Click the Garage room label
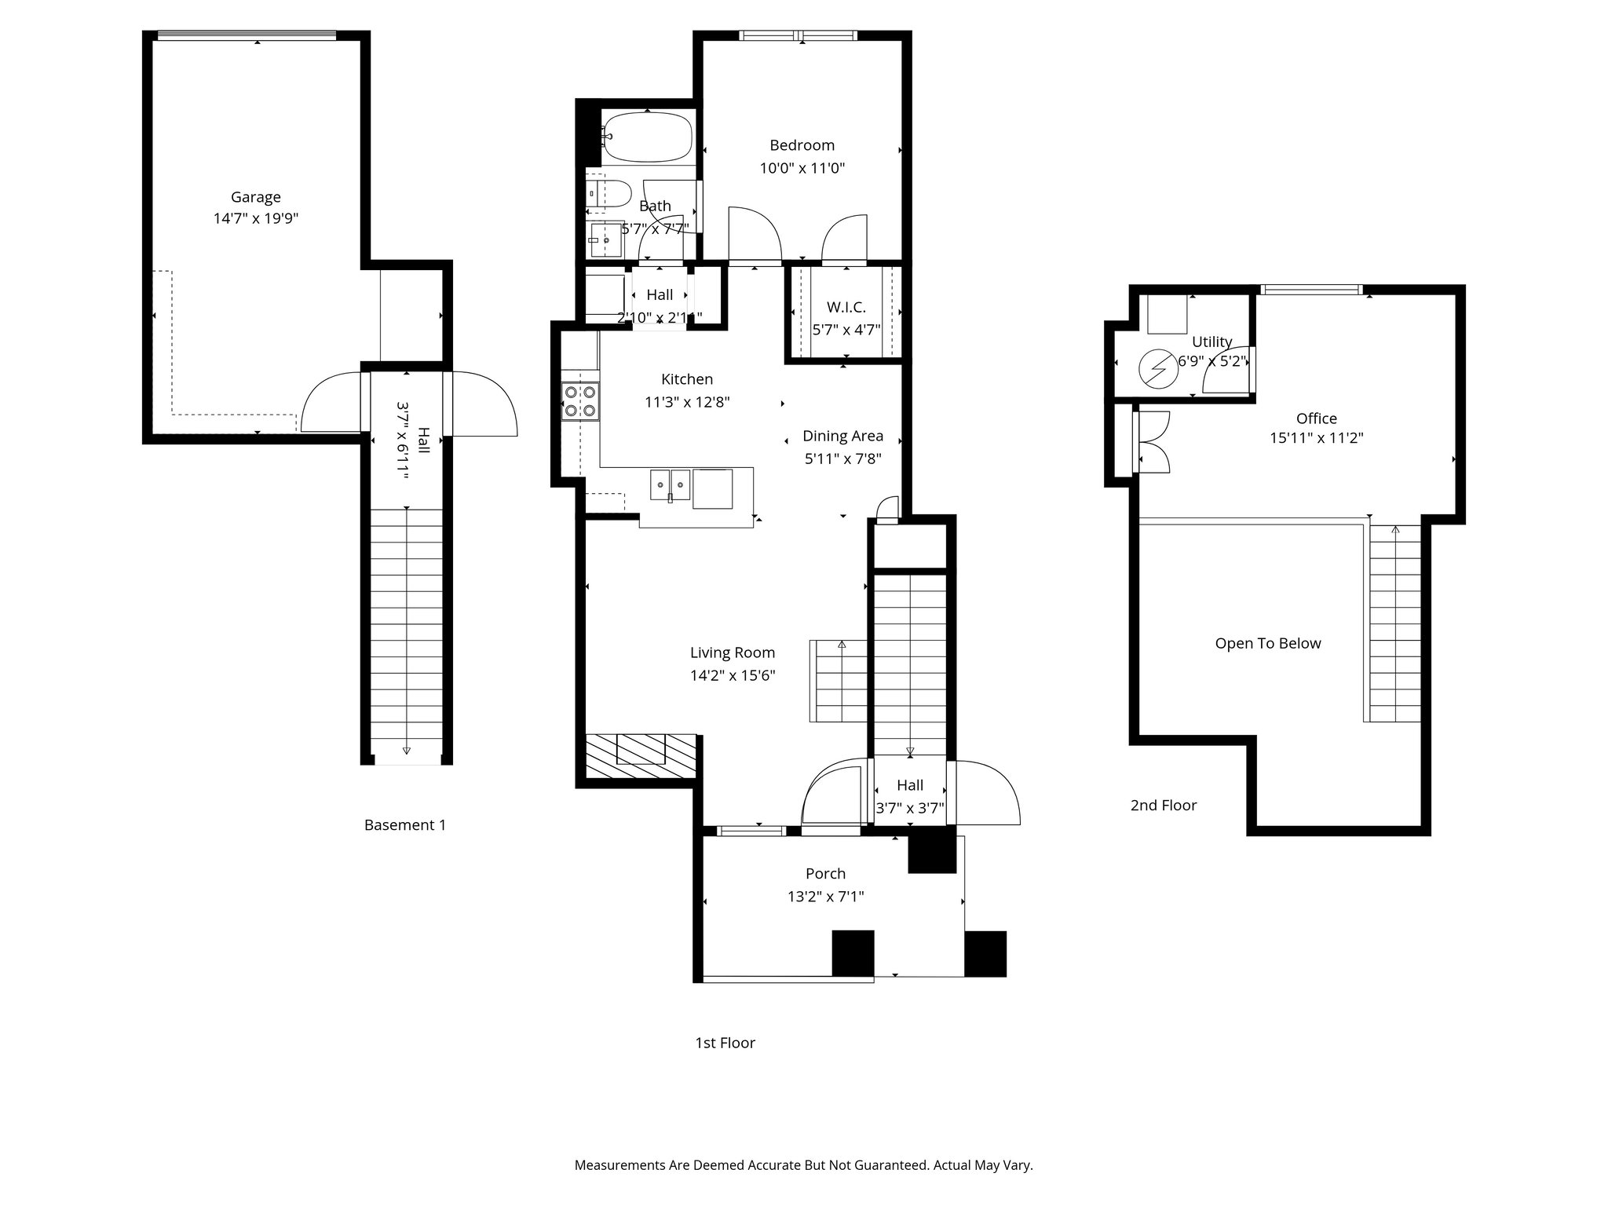pos(255,197)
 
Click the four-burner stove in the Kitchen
pos(580,400)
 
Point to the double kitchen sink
pos(670,484)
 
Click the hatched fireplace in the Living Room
pos(641,756)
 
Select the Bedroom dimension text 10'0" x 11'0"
pos(802,168)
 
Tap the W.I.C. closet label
pos(846,307)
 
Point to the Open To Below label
pos(1267,644)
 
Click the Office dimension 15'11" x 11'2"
pos(1316,438)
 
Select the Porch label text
pos(825,874)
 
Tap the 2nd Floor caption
pos(1163,806)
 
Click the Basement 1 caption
pos(404,825)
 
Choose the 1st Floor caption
pos(724,1043)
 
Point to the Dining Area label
pos(842,436)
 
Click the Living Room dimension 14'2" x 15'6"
pos(733,675)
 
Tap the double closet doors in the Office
pos(1151,442)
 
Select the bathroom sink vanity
pos(605,239)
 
